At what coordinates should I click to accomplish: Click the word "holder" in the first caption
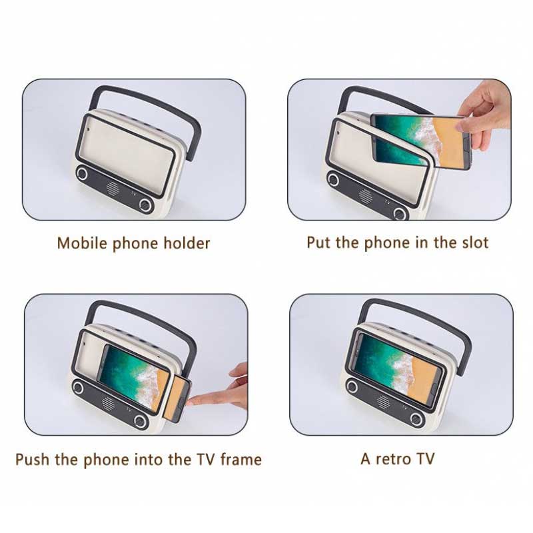tap(180, 243)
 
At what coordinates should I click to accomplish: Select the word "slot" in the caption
tap(474, 243)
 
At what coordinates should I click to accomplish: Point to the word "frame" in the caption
tap(239, 459)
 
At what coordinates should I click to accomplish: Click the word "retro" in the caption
tap(394, 459)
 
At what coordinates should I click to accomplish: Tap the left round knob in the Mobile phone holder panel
tap(83, 174)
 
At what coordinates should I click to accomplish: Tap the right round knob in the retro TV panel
tap(416, 418)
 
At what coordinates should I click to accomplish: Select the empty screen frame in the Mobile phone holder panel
tap(127, 150)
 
